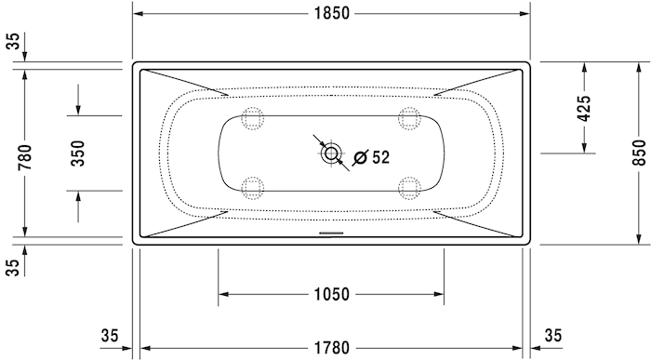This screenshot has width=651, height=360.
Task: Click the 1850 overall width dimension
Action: click(x=331, y=13)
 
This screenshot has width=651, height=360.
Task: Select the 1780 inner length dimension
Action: click(x=331, y=348)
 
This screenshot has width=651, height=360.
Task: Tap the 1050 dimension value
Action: click(x=331, y=295)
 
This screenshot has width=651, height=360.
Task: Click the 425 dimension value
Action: click(x=584, y=109)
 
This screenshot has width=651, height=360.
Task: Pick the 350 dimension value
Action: click(x=78, y=153)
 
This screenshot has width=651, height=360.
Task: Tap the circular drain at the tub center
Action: click(x=331, y=153)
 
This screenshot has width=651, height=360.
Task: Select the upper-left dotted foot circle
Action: click(x=252, y=118)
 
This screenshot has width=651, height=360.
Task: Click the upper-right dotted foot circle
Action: click(x=408, y=118)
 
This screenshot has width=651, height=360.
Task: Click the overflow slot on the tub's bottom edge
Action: click(x=331, y=233)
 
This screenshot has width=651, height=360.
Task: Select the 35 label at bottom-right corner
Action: click(x=553, y=335)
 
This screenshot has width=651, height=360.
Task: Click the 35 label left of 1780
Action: click(x=110, y=335)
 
